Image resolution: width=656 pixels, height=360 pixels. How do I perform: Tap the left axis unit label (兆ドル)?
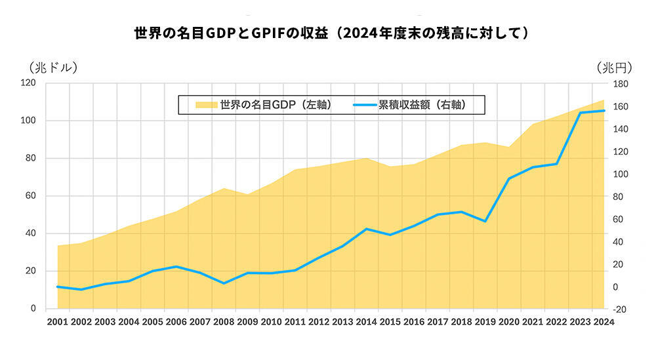point(53,67)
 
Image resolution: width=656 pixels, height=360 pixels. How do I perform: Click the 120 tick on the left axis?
point(28,83)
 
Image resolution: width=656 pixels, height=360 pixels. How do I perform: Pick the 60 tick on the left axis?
point(31,196)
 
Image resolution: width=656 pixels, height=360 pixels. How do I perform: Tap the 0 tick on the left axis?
point(33,309)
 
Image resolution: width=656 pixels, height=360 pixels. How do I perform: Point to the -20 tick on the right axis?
point(620,310)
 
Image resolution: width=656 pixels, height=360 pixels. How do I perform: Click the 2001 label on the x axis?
point(58,322)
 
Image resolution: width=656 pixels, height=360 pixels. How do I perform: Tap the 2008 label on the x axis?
point(224,322)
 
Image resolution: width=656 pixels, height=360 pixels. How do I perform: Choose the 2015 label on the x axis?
point(390,322)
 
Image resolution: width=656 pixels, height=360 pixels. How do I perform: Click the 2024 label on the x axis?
point(604,322)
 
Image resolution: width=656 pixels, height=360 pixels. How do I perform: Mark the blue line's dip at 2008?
point(224,283)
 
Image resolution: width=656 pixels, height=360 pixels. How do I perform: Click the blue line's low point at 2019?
point(485,221)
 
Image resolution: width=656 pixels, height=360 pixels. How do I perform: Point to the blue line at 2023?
point(581,113)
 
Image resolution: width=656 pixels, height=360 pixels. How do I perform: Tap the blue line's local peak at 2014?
point(367,229)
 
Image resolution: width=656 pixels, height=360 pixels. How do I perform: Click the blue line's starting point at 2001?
point(58,287)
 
